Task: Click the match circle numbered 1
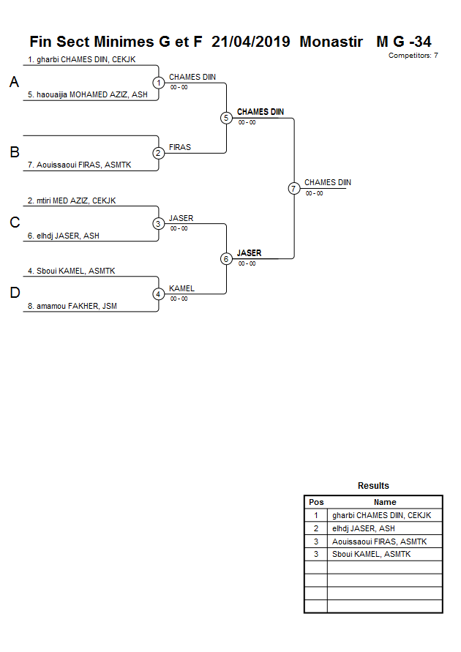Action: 159,83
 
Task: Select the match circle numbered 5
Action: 226,118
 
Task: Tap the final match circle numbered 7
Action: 293,188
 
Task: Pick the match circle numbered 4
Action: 159,294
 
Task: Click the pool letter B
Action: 15,153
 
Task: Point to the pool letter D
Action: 15,293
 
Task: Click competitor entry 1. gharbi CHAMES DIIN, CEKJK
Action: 82,60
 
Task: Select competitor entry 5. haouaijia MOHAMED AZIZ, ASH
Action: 88,95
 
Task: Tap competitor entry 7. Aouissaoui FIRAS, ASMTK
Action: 79,165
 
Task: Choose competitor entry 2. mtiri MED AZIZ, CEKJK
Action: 72,201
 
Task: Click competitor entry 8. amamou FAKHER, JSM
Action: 72,307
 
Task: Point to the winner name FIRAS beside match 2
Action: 180,147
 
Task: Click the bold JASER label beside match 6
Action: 249,253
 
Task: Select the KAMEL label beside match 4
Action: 181,288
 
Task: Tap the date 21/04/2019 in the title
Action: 250,42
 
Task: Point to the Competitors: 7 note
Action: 413,56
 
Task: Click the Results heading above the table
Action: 373,486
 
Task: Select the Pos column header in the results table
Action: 316,503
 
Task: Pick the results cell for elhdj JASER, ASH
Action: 363,528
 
